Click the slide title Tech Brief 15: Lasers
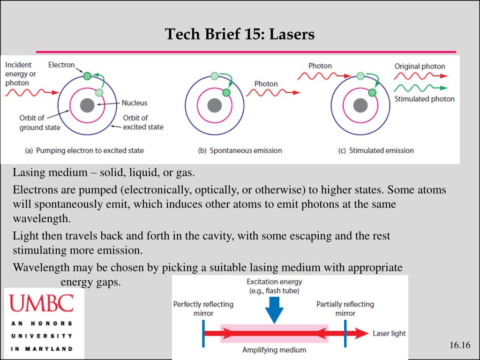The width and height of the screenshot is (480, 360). [240, 34]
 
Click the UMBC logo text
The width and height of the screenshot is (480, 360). [42, 303]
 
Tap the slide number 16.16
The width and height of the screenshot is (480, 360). [459, 345]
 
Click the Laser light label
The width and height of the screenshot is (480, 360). [389, 333]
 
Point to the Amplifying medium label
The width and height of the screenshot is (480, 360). [274, 350]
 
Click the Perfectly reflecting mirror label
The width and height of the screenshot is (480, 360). [203, 308]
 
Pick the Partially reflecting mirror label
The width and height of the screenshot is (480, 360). [345, 308]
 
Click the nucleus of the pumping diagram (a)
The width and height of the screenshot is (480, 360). [87, 105]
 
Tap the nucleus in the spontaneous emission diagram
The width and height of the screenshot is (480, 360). [215, 105]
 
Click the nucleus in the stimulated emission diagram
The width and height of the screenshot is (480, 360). [360, 105]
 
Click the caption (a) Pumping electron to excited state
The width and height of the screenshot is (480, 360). [84, 150]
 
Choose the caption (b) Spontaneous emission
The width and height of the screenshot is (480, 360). [240, 150]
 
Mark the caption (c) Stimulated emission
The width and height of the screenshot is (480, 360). [376, 150]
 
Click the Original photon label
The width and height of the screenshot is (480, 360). [420, 66]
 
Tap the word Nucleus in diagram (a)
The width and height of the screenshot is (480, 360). [135, 103]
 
